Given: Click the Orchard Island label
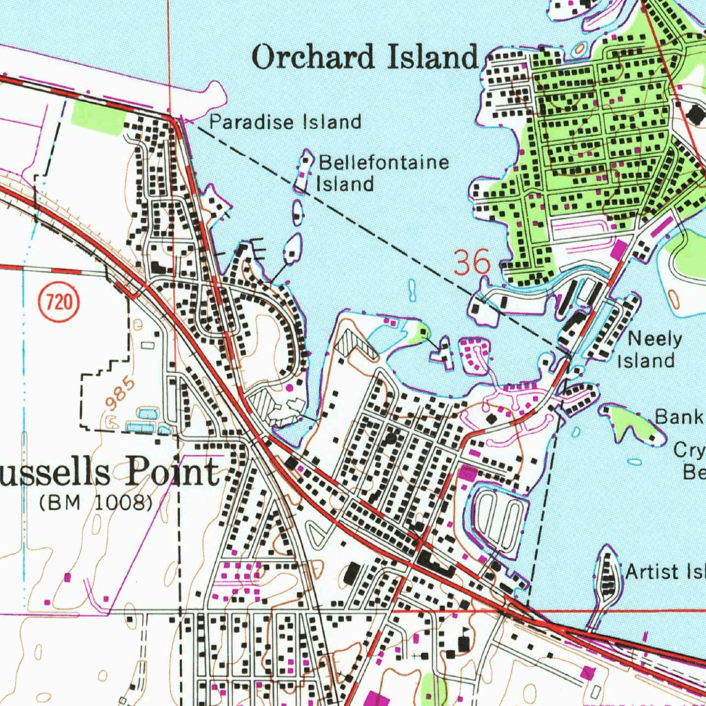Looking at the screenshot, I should coord(365,57).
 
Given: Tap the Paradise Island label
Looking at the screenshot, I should coord(285,123).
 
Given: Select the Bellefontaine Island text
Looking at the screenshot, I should coord(383,173).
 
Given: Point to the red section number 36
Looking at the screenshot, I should coord(472,263).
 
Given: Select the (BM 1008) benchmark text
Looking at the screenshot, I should coord(96,503).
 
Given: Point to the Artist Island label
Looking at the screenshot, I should coord(665,572).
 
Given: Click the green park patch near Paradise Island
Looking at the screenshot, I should coord(99,118).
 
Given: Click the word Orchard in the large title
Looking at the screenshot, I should coord(315,57).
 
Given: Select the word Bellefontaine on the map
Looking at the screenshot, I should coord(383,163).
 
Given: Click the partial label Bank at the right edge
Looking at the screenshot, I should coord(679,416).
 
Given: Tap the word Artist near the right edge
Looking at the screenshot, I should coord(650,572).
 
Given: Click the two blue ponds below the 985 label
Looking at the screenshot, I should coord(144,420).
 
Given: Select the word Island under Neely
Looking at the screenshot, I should coord(645,360).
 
